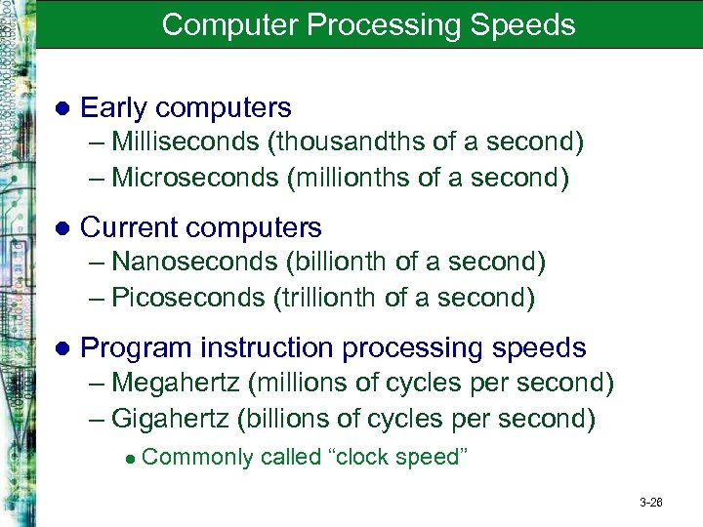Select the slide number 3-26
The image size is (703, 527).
click(x=651, y=503)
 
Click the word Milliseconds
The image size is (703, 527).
click(x=186, y=142)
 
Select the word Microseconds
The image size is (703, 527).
click(x=187, y=178)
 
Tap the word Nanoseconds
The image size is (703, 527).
click(x=194, y=263)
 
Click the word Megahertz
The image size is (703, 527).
click(x=182, y=384)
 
